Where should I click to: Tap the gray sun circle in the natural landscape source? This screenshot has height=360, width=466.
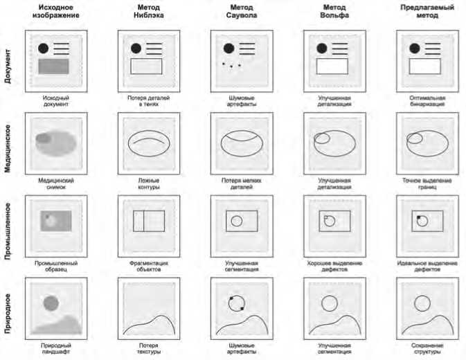(x=51, y=303)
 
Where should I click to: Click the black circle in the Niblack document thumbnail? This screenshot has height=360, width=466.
(x=136, y=48)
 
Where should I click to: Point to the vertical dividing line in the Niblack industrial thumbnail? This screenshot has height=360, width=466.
(x=143, y=221)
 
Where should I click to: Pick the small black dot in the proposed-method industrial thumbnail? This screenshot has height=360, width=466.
(x=418, y=217)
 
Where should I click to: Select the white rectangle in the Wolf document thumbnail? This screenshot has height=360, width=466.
(x=333, y=66)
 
